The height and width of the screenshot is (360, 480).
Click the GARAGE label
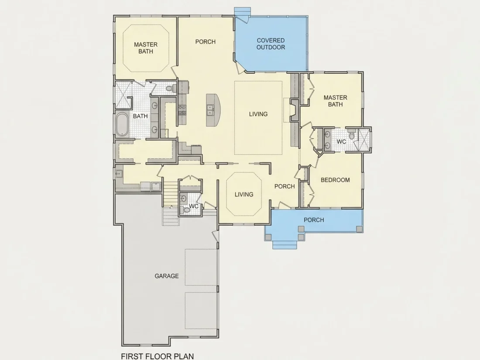coord(167,276)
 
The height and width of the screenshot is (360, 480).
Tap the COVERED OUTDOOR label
coord(271,44)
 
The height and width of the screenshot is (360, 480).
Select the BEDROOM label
coord(335,180)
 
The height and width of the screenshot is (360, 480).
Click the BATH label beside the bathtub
coord(140,117)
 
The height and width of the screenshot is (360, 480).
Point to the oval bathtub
coord(122,124)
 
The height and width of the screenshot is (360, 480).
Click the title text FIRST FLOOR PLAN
coord(158,357)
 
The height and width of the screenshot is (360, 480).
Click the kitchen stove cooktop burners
coord(182,110)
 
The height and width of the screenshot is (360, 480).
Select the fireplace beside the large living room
coord(294,110)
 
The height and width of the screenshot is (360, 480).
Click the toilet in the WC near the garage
coord(185,209)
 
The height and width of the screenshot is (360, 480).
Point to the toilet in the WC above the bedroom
coord(351,135)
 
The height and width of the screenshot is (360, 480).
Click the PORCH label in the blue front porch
coord(314,220)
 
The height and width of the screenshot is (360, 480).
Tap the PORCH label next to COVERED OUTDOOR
coord(206,41)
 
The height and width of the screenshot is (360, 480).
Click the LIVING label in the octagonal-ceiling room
coord(244,194)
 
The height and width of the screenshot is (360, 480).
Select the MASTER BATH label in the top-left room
coord(146,48)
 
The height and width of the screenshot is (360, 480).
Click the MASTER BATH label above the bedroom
coord(336,101)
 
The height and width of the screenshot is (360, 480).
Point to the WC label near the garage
coord(193,206)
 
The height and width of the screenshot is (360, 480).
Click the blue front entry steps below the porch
coord(285,244)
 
